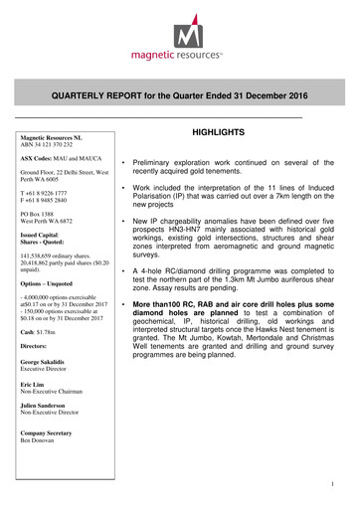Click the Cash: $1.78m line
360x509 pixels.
click(43, 330)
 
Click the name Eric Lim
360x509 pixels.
click(35, 389)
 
